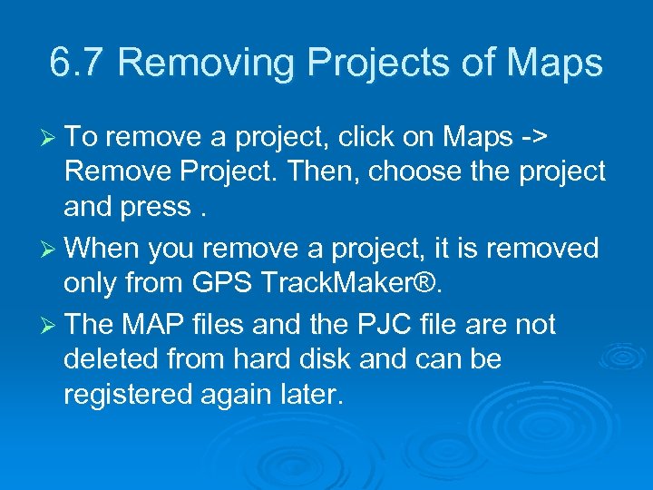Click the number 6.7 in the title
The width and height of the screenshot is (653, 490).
(78, 63)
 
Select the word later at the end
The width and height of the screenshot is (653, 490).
(311, 396)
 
